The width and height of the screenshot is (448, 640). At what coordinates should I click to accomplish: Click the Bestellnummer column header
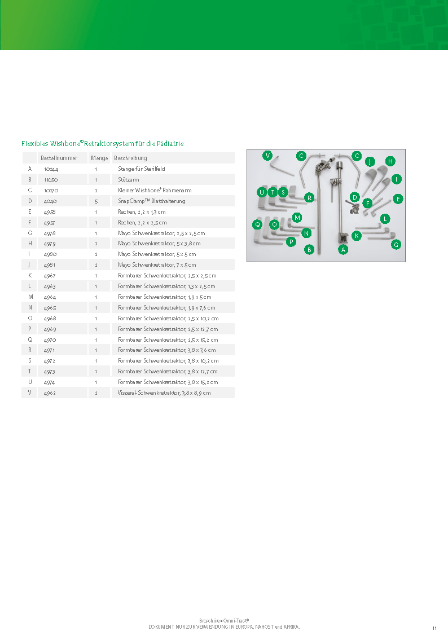coord(59,158)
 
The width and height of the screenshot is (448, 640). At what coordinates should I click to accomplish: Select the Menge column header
coord(99,158)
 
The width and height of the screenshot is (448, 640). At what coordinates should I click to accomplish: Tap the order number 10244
coord(51,169)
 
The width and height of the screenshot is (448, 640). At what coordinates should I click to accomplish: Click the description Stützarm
coord(128,179)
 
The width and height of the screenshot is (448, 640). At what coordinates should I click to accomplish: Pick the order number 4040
coord(50,201)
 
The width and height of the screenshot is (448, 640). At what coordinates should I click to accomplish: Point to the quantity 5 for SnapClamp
coord(96,201)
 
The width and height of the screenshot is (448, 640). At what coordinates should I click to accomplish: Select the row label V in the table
coord(29,392)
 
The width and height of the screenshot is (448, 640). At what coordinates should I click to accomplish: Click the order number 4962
coord(50,393)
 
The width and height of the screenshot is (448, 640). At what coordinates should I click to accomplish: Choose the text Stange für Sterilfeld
coord(141,169)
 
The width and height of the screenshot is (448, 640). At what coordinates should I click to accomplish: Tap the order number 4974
coord(50,382)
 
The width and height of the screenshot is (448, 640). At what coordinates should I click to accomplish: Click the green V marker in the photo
coord(267,155)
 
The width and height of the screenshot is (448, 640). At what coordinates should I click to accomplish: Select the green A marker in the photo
coord(343,249)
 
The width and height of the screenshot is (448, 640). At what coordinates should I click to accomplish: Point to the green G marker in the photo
coord(396,245)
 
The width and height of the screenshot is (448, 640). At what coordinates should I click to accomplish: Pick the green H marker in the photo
coord(390,161)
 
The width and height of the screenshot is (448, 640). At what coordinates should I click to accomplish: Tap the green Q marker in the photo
coord(257,224)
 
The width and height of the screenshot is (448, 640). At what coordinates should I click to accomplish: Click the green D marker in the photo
coord(354,197)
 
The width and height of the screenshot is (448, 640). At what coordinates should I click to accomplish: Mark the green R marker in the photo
coord(309,198)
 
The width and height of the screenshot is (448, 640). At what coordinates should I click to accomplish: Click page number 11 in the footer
coord(434,628)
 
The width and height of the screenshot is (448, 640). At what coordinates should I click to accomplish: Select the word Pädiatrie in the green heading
coord(170,144)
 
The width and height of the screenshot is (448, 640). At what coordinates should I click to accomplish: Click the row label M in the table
coord(30,297)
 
